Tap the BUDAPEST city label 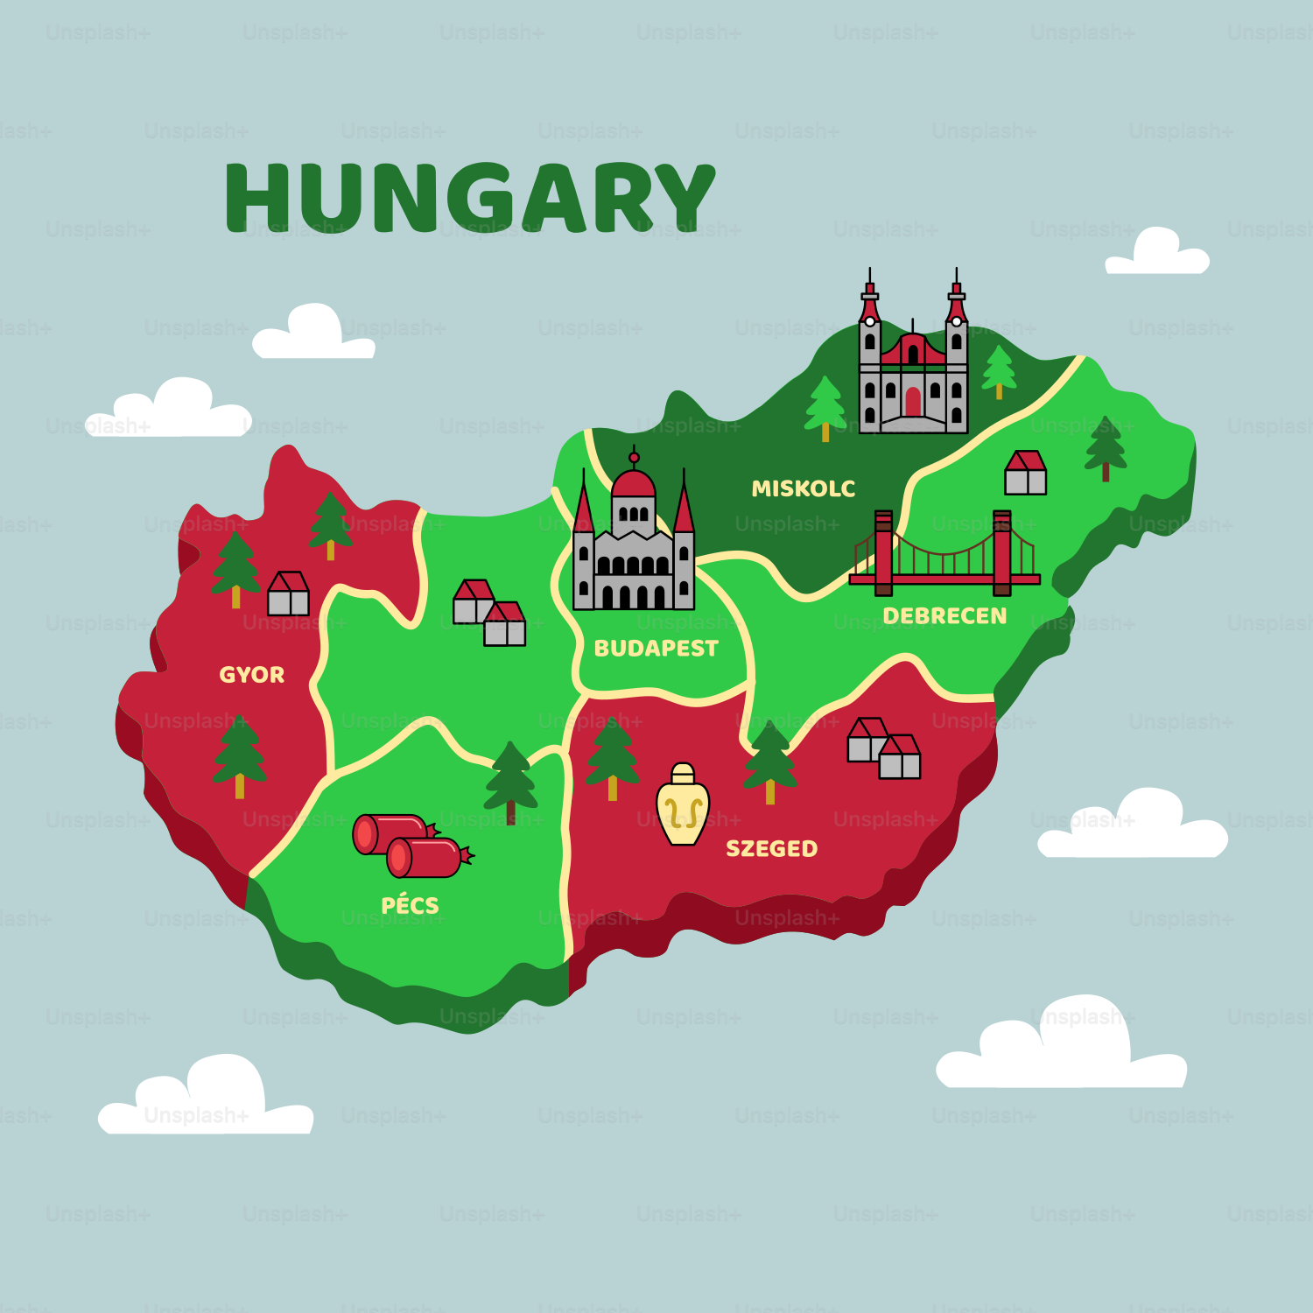[656, 649]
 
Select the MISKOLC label [803, 488]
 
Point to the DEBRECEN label [944, 616]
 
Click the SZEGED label [771, 849]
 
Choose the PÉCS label [410, 905]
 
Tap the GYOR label [251, 675]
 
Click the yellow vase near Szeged [683, 805]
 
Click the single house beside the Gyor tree [288, 594]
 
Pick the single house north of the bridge [1025, 473]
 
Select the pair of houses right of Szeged [883, 748]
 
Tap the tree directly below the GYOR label [239, 756]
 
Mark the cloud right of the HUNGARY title [1157, 252]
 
